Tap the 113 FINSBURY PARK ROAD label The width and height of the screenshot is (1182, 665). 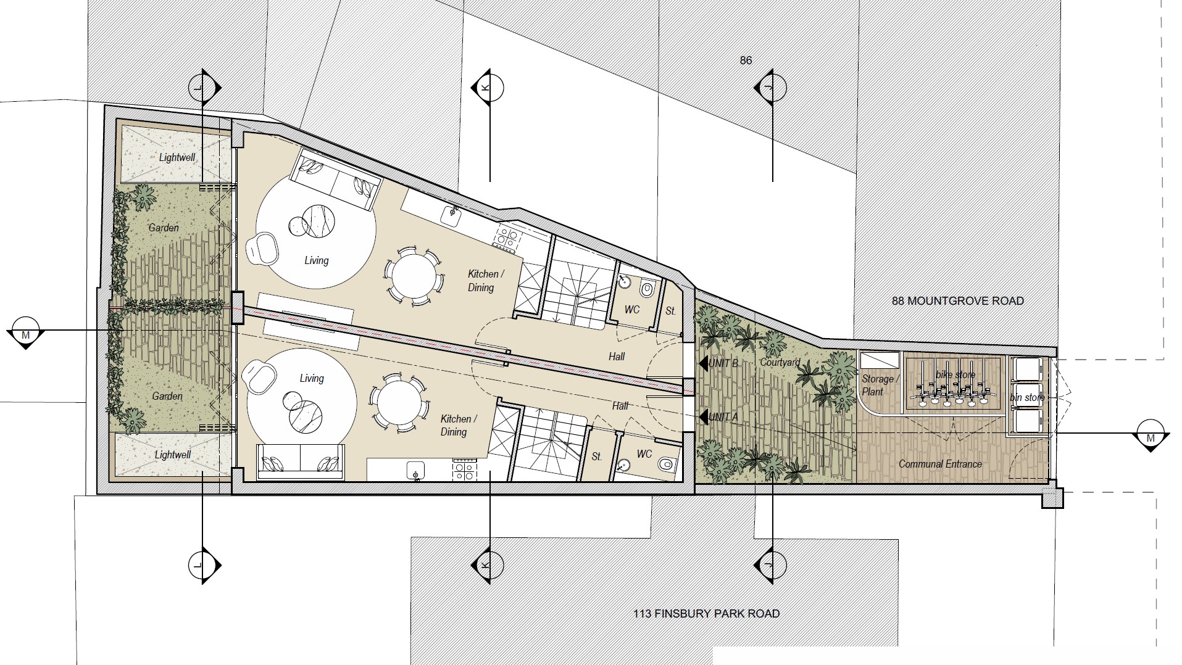click(706, 614)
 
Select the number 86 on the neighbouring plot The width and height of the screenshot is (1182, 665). click(746, 60)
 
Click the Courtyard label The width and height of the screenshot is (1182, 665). click(780, 363)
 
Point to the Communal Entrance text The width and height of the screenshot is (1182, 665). click(940, 464)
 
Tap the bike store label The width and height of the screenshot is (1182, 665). click(955, 374)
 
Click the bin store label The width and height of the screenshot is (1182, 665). click(1027, 397)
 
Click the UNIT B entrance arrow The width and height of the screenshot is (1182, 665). click(703, 363)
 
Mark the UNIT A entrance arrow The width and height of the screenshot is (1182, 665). click(703, 417)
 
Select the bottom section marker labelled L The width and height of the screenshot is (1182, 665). click(204, 564)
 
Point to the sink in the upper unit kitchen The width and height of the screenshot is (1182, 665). click(453, 215)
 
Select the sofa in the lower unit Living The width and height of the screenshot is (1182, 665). click(299, 461)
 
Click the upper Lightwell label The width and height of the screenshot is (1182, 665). click(177, 157)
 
